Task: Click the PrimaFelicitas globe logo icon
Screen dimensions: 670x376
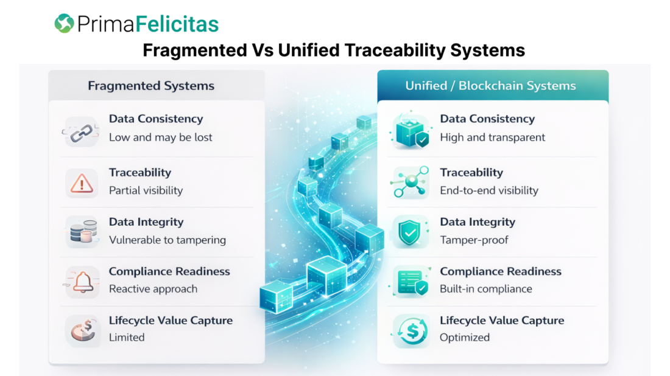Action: [x=64, y=23]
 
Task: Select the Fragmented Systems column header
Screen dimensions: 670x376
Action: [x=151, y=86]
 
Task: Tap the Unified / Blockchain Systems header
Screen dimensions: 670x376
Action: [x=490, y=86]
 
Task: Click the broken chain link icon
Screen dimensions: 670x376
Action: [x=82, y=132]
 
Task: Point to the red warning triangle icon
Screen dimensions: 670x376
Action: [x=82, y=184]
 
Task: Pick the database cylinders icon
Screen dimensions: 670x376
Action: [x=82, y=232]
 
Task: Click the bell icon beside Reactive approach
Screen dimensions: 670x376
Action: [x=82, y=282]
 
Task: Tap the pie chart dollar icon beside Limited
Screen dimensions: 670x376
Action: [x=82, y=330]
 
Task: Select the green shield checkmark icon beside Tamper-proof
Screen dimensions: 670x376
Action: [x=409, y=232]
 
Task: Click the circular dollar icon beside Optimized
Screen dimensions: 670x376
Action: [x=412, y=331]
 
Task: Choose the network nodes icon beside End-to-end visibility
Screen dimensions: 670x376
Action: [x=410, y=182]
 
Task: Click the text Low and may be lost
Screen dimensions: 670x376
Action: [x=160, y=138]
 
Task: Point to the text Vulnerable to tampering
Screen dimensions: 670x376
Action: [x=167, y=240]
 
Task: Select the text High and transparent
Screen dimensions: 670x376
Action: [x=492, y=138]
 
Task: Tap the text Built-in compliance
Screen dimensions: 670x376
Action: [x=486, y=289]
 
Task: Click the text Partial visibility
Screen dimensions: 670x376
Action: [x=146, y=190]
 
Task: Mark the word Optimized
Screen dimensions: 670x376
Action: [x=465, y=338]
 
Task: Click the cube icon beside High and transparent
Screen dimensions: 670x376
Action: [x=410, y=130]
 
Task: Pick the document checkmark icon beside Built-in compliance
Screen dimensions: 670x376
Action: [x=411, y=282]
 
